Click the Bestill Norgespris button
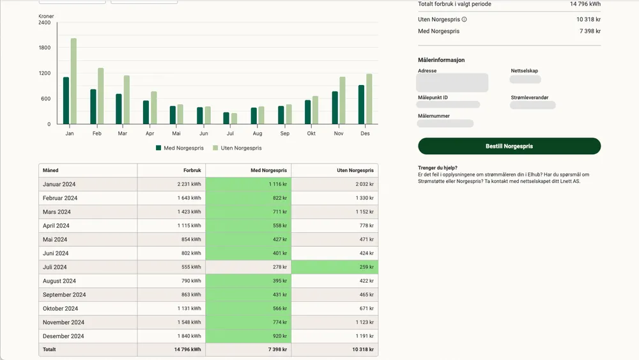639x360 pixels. point(509,146)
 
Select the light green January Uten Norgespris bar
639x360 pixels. point(73,81)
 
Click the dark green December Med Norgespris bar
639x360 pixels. point(361,104)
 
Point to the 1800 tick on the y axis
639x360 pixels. point(45,48)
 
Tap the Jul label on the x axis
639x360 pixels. point(230,133)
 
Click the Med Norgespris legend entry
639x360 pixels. point(180,148)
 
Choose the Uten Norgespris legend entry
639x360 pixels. point(237,148)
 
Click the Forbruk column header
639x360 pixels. point(192,171)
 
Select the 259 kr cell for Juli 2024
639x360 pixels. point(335,267)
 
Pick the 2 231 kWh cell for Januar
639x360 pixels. point(171,184)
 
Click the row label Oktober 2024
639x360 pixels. point(60,309)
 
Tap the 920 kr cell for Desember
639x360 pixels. point(248,336)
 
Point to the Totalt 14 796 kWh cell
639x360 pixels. point(171,349)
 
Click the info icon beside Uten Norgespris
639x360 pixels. point(464,19)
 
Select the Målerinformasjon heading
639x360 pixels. point(442,60)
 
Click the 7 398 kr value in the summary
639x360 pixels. point(590,31)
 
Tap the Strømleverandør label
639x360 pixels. point(530,97)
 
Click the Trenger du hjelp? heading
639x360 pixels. point(438,168)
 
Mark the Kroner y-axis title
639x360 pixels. point(46,17)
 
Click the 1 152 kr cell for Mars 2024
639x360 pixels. point(335,212)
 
